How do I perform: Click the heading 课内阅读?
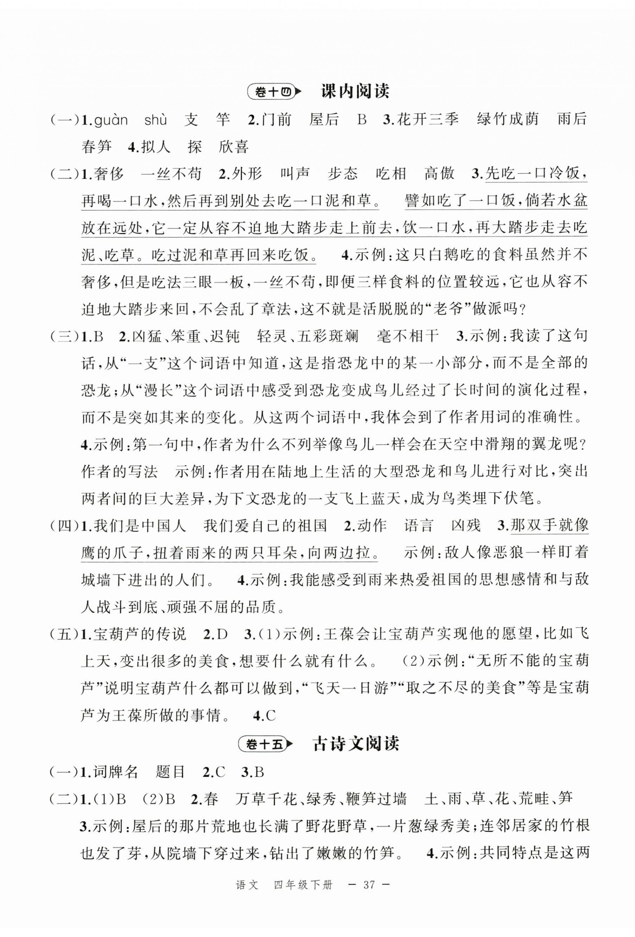355,92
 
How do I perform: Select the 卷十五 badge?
265,745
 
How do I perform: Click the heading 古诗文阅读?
356,744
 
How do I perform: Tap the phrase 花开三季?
428,120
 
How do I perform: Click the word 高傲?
439,174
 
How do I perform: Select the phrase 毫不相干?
407,336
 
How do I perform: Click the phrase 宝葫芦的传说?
140,634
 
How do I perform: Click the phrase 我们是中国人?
140,526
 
